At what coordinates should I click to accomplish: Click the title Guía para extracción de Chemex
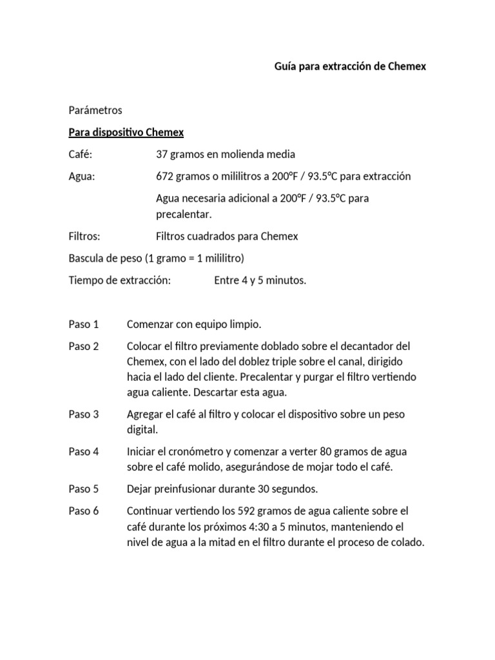(x=350, y=66)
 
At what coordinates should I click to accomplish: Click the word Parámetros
(x=95, y=110)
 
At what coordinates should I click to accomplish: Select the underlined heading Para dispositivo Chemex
(x=126, y=132)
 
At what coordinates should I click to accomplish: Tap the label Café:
(x=81, y=154)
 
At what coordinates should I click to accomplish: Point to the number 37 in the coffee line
(x=162, y=154)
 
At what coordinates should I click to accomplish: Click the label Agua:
(x=82, y=176)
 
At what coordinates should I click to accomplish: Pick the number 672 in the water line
(x=165, y=176)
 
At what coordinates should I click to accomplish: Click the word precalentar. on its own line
(x=184, y=213)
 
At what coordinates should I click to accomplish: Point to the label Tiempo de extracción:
(x=119, y=280)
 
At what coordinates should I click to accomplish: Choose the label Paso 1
(x=84, y=324)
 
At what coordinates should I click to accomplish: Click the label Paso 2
(x=84, y=346)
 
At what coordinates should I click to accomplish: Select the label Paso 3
(x=84, y=414)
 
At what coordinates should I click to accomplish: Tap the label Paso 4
(x=84, y=452)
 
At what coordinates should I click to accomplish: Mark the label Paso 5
(x=84, y=489)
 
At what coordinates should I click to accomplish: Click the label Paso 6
(x=84, y=511)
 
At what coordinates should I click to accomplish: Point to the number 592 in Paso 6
(x=248, y=511)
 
